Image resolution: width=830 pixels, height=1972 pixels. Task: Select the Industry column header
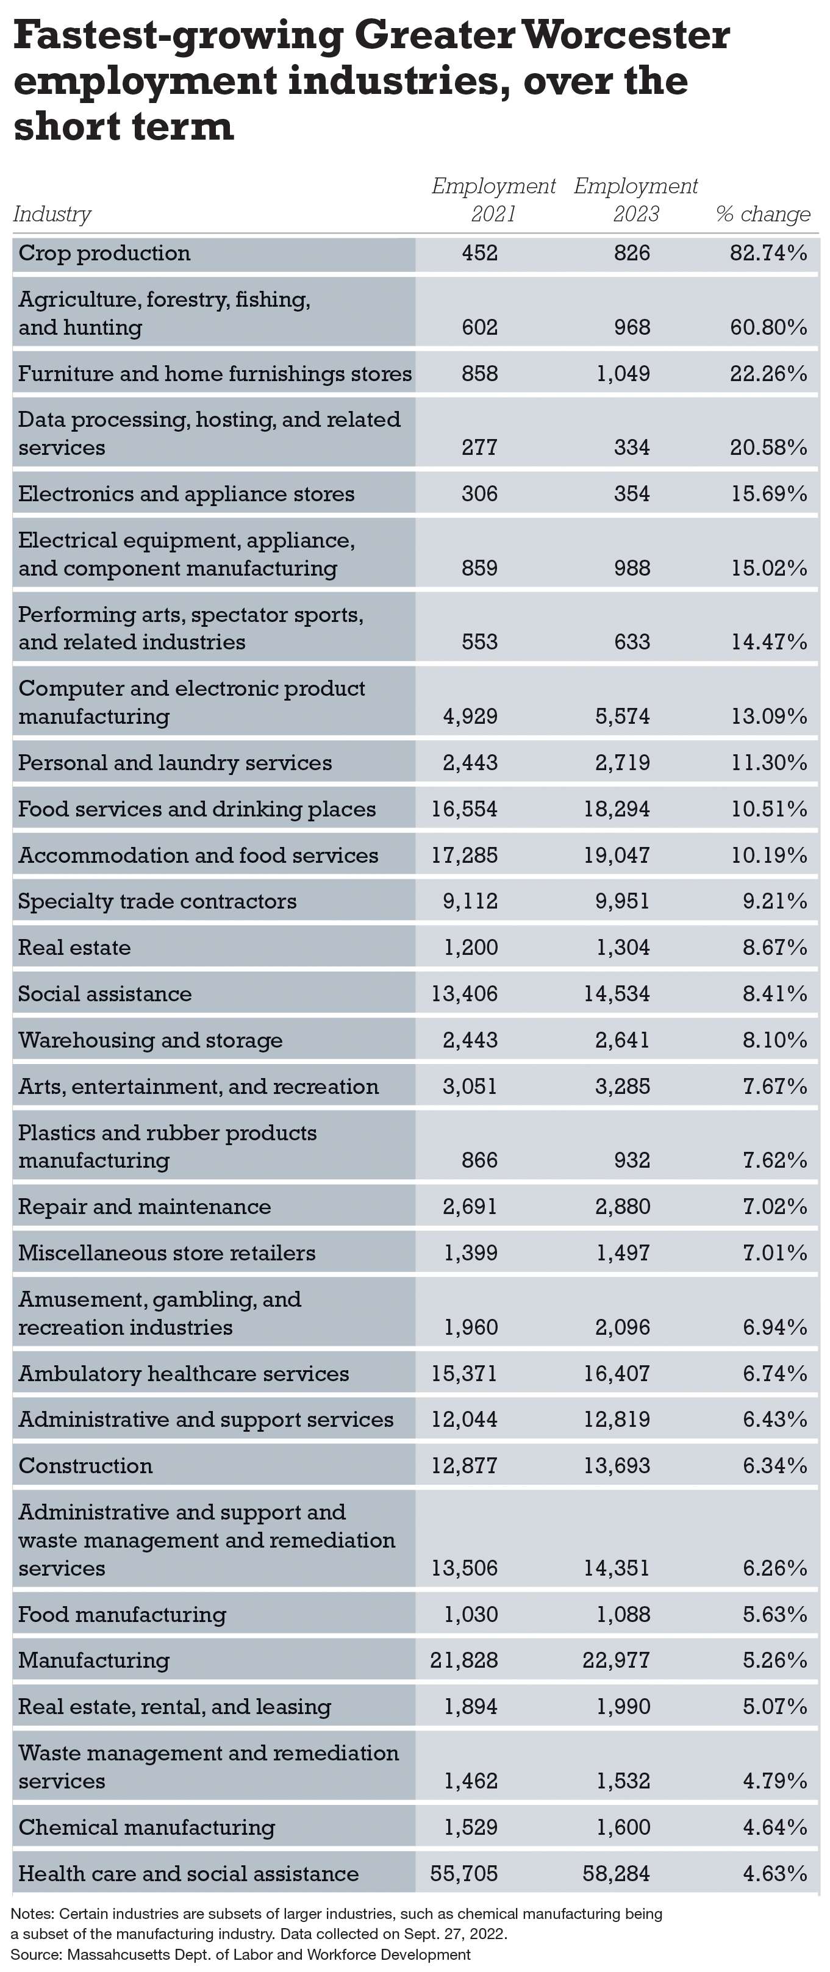click(x=52, y=215)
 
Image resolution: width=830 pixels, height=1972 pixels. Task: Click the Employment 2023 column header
click(x=635, y=200)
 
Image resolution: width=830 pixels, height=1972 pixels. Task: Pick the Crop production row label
click(x=104, y=254)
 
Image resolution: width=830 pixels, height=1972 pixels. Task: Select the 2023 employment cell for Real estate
click(x=623, y=948)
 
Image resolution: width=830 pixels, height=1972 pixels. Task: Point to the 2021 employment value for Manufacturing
click(x=464, y=1660)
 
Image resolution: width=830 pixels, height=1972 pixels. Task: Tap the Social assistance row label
click(x=105, y=994)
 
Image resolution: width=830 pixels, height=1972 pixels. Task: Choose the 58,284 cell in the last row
click(x=617, y=1873)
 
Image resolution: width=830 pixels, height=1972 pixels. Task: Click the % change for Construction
click(x=775, y=1465)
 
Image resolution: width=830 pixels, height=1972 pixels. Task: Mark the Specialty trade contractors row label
click(x=157, y=902)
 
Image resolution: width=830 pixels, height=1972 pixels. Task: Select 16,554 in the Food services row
click(x=464, y=809)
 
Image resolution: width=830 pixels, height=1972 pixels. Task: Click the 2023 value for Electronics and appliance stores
click(x=632, y=494)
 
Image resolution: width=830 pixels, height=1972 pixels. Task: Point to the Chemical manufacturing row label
click(x=146, y=1827)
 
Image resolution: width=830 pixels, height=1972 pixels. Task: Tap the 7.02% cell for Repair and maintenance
click(x=775, y=1207)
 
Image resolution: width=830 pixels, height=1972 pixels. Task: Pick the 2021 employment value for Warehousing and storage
click(x=470, y=1040)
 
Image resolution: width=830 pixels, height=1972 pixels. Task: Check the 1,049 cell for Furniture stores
click(x=623, y=374)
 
